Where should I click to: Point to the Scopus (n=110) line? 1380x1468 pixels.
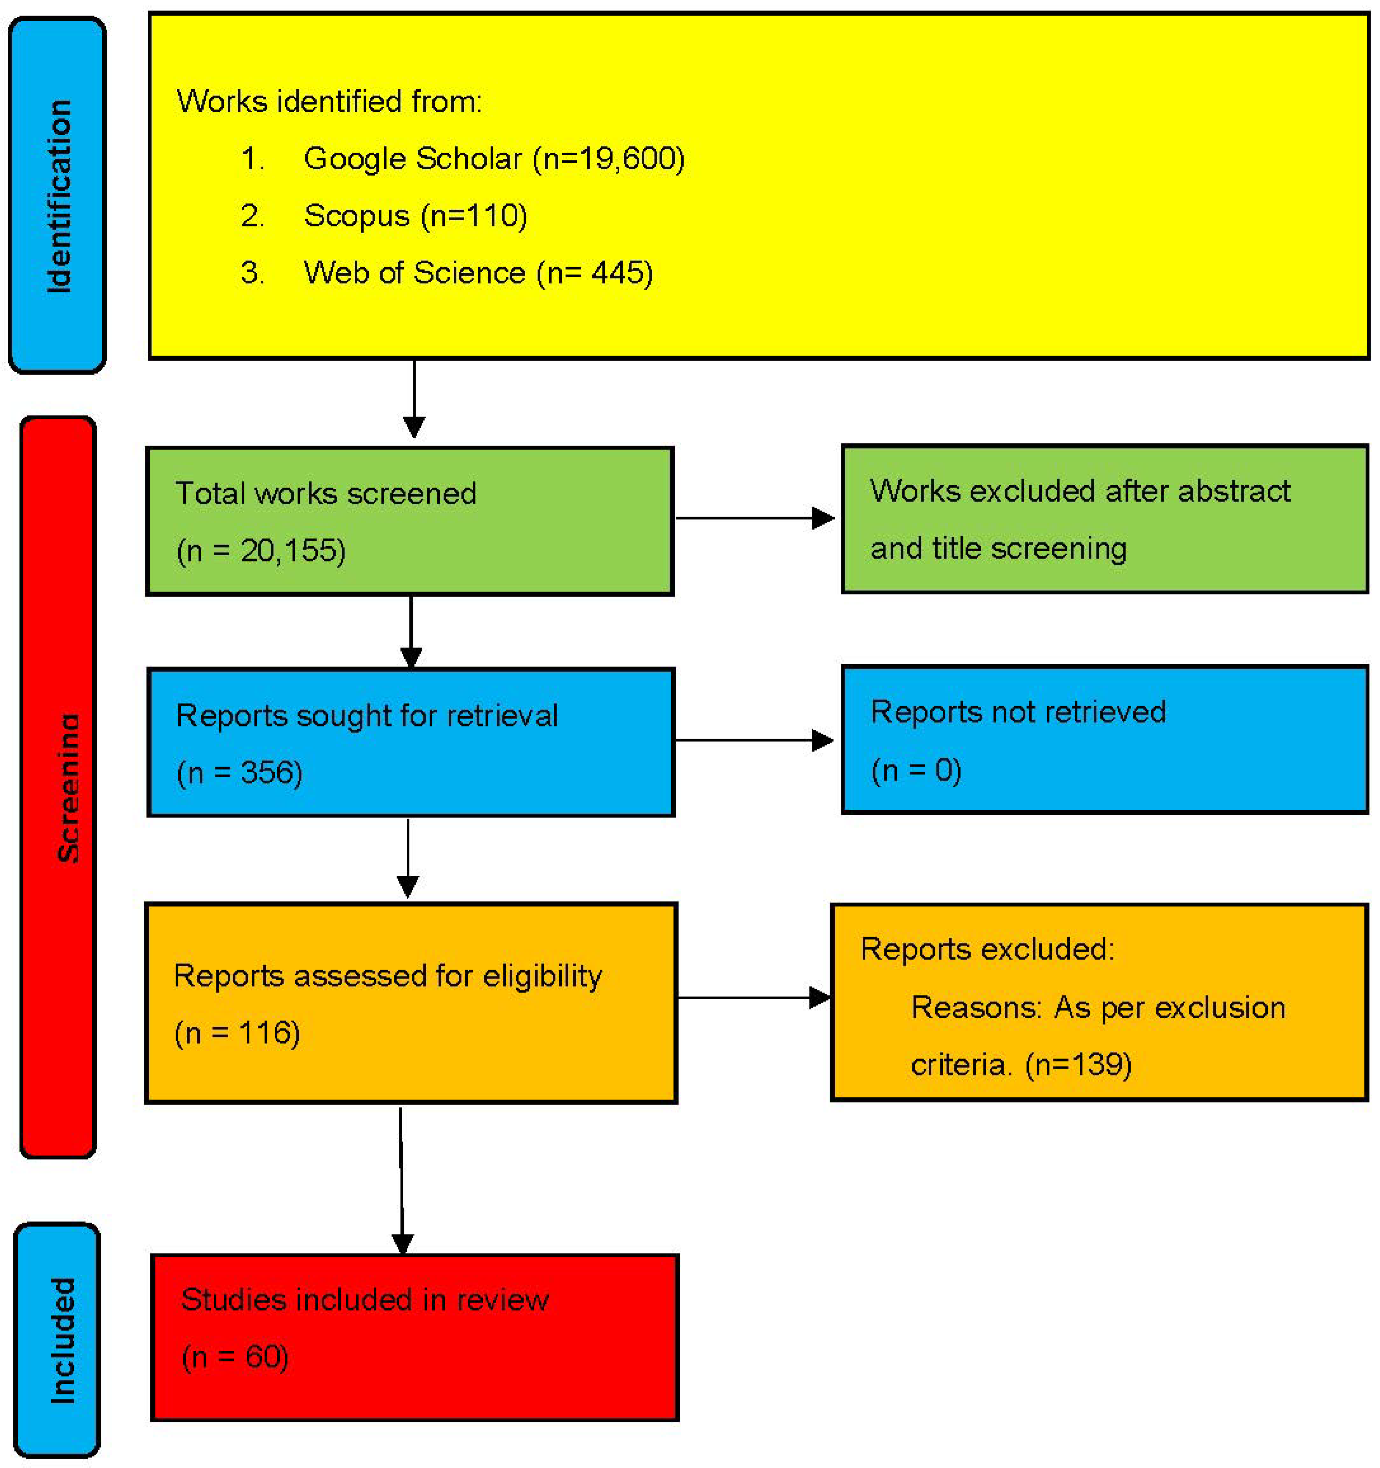(x=415, y=216)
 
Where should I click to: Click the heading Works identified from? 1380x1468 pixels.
(x=329, y=101)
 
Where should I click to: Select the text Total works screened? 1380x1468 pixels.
(x=325, y=493)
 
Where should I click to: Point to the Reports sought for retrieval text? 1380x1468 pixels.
(x=367, y=715)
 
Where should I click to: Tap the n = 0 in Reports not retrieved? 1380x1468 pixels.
(x=916, y=770)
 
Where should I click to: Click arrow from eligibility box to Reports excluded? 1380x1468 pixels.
(x=753, y=998)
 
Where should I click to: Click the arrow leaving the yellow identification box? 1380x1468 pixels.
(x=414, y=399)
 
